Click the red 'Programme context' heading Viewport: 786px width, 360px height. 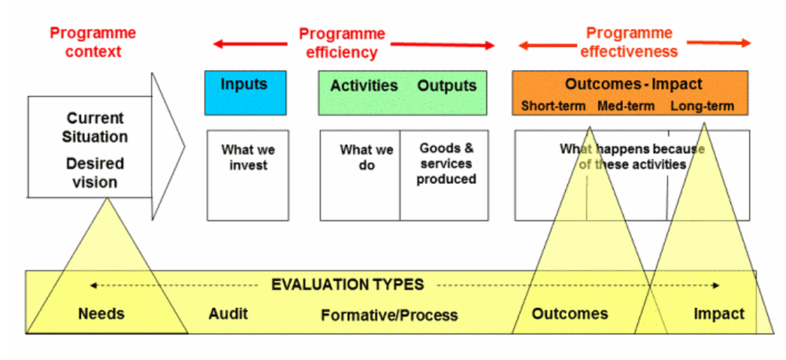click(x=93, y=42)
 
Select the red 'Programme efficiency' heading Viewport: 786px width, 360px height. click(x=342, y=43)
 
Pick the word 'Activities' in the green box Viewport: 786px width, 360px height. click(x=363, y=86)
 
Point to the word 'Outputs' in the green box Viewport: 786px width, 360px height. click(x=446, y=86)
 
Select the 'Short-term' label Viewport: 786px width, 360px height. click(x=554, y=106)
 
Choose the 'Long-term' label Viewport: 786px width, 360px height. click(x=702, y=106)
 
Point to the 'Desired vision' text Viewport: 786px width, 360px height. click(x=91, y=173)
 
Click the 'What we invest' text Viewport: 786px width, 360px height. click(x=244, y=157)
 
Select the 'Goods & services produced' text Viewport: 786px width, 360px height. click(x=446, y=163)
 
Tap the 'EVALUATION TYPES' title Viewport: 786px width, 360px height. click(x=347, y=285)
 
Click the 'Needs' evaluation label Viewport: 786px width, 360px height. click(x=101, y=314)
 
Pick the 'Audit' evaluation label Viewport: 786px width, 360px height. click(x=228, y=314)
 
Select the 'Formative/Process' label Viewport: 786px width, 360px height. click(x=389, y=315)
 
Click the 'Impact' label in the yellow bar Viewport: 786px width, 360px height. click(x=718, y=314)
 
